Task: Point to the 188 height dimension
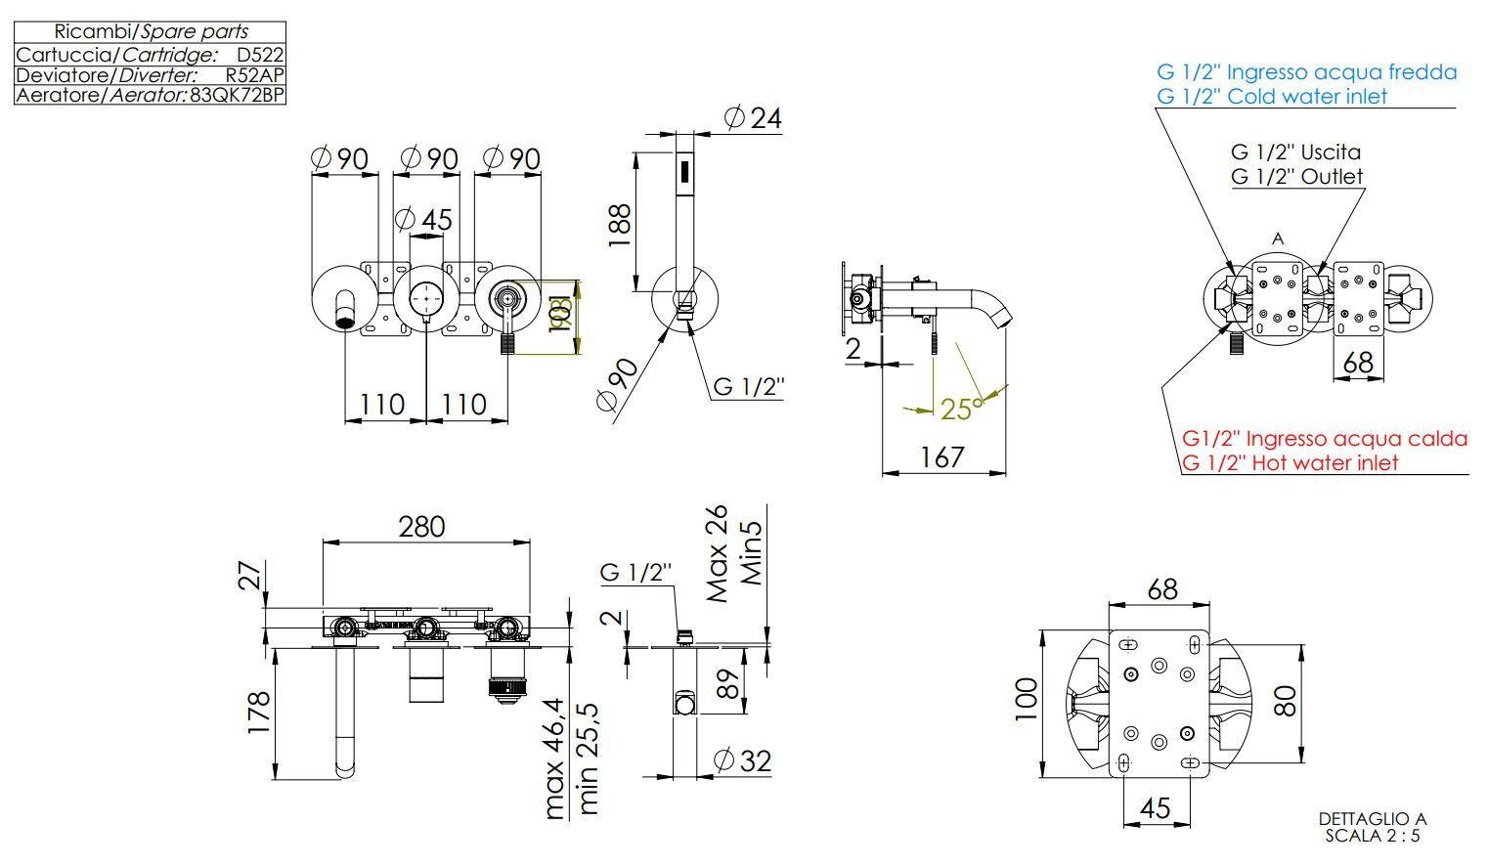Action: pyautogui.click(x=620, y=225)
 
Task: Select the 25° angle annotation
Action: pyautogui.click(x=957, y=409)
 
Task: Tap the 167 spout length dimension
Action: pyautogui.click(x=942, y=457)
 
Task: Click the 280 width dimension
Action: pyautogui.click(x=421, y=527)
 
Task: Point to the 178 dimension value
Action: pyautogui.click(x=258, y=714)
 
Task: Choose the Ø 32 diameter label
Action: pyautogui.click(x=743, y=759)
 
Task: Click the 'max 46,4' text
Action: pyautogui.click(x=554, y=758)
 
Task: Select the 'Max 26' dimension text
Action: pyautogui.click(x=718, y=553)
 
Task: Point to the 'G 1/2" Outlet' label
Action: pyautogui.click(x=1296, y=177)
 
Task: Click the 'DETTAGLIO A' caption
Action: pyautogui.click(x=1373, y=819)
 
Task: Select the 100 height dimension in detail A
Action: pyautogui.click(x=1024, y=699)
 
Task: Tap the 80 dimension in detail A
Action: pyautogui.click(x=1285, y=701)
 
